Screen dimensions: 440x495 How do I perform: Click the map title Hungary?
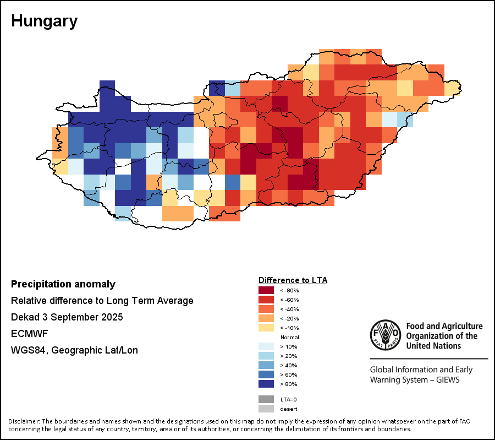44,21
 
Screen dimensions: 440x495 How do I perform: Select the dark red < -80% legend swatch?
266,290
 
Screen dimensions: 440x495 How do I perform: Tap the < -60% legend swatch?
266,300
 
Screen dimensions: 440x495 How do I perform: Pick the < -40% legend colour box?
266,309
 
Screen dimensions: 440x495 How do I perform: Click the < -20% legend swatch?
266,318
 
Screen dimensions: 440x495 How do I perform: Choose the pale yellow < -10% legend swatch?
266,328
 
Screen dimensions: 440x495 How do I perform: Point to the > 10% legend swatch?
266,346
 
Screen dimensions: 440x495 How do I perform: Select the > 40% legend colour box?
266,365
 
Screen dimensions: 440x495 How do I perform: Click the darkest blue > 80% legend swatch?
266,384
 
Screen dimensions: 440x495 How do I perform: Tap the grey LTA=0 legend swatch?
266,399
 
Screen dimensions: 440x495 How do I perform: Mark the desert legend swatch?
266,409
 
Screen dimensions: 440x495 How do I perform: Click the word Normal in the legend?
289,337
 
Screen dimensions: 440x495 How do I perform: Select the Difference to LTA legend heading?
293,280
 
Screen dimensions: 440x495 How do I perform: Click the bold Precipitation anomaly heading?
63,285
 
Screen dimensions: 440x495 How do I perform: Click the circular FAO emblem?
386,335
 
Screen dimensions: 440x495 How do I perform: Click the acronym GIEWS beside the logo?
445,380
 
